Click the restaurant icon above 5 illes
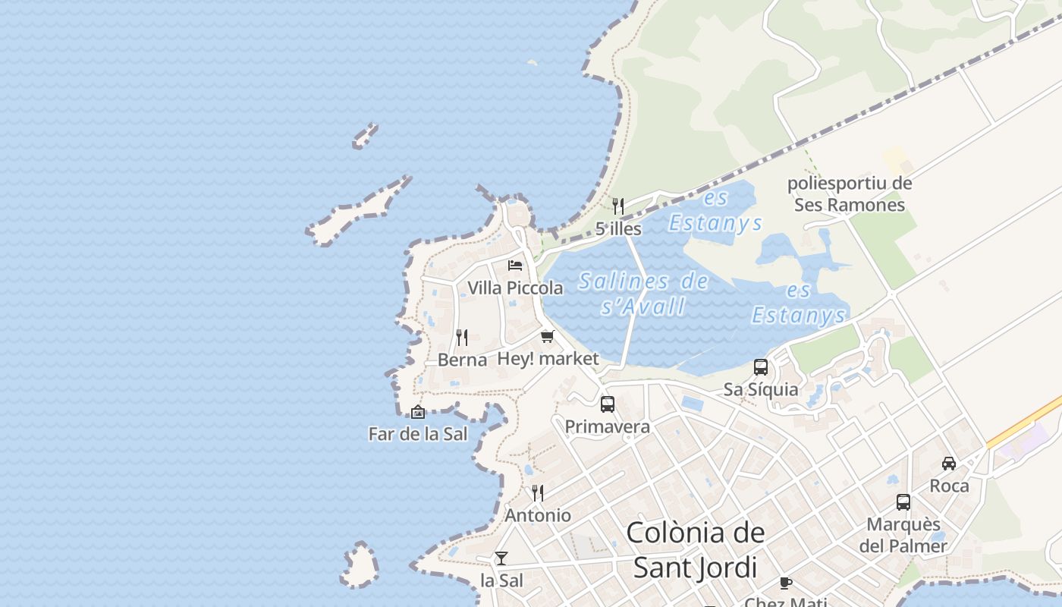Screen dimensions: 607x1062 point(618,206)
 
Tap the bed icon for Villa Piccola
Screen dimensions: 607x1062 point(515,265)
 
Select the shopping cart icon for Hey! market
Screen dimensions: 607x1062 point(548,336)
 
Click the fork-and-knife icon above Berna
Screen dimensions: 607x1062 point(461,337)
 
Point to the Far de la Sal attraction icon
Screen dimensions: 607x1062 point(417,412)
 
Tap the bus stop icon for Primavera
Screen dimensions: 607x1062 point(607,404)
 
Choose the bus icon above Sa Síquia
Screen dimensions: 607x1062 point(760,367)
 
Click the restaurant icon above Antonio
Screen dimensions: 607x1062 point(537,493)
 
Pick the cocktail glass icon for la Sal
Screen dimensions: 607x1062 point(501,558)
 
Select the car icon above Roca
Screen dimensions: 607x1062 point(949,463)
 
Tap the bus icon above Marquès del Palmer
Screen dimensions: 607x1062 point(903,502)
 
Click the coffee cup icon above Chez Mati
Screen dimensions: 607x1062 point(786,583)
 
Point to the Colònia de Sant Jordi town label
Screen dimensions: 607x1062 point(696,549)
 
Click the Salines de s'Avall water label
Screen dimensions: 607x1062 point(643,294)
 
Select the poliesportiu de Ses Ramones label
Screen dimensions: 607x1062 point(850,194)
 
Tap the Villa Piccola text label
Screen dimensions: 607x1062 point(515,288)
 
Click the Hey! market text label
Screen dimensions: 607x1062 point(548,359)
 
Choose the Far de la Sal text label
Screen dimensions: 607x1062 point(417,434)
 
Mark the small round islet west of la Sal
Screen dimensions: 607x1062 point(360,565)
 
